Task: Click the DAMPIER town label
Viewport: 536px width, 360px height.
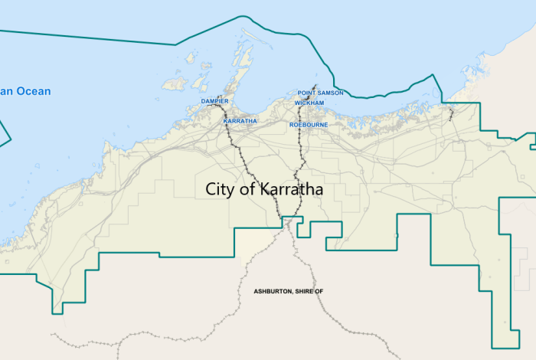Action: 214,101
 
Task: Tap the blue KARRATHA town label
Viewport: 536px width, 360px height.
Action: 240,121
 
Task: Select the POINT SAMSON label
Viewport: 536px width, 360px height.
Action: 320,93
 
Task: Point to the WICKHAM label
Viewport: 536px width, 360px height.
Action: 309,103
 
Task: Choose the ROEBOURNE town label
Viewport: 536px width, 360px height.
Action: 309,123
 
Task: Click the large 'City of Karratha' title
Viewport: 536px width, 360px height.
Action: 264,189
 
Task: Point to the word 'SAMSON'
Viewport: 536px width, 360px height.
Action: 330,93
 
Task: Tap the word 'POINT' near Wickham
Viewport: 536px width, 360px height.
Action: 306,93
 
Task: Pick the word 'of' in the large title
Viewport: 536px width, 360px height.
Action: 250,189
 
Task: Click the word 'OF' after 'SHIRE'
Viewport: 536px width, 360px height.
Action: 330,292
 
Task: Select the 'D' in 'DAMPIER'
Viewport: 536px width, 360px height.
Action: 204,101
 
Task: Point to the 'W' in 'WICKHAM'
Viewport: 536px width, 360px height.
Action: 297,103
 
